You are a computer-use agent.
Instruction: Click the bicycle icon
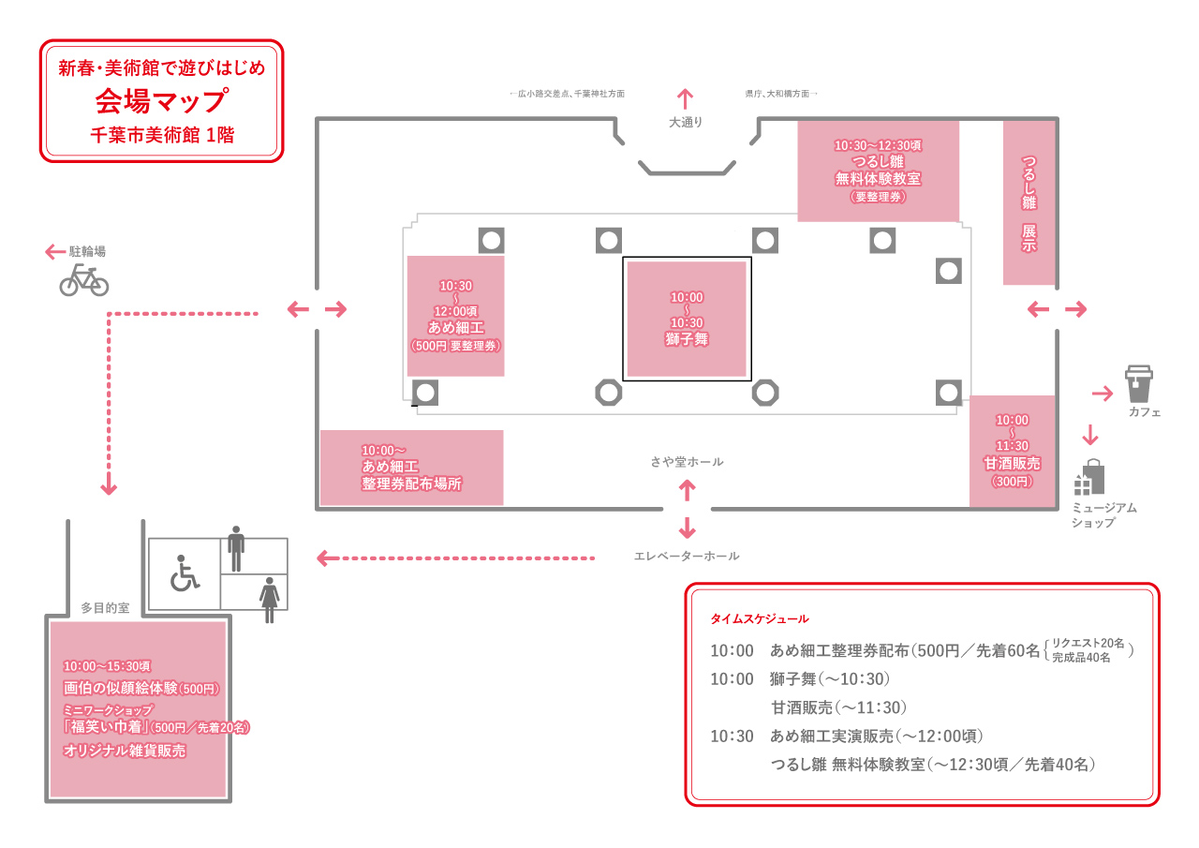83,279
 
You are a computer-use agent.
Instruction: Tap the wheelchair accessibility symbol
184,573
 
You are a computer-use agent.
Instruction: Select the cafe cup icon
1139,384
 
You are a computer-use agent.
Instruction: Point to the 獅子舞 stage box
687,319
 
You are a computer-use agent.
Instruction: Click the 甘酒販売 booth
1012,451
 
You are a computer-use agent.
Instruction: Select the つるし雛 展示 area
1029,202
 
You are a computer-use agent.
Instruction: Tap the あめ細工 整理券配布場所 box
411,468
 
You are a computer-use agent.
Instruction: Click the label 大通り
685,122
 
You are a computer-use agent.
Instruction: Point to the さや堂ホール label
687,462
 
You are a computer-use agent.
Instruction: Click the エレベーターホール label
687,556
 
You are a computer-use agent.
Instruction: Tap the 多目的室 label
104,607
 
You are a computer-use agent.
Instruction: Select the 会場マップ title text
161,99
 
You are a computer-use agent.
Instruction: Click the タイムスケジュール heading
759,619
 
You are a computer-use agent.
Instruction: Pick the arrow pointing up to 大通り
685,98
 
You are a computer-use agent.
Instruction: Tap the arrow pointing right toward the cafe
1102,393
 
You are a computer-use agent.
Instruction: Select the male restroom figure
236,548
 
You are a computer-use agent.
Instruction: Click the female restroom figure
270,599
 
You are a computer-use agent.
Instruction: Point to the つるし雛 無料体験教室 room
878,171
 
